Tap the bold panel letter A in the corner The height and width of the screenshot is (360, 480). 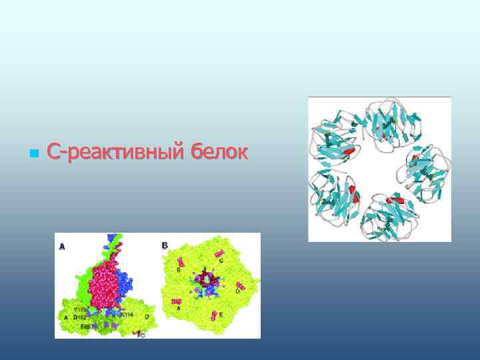click(62, 246)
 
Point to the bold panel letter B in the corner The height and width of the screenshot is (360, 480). click(165, 245)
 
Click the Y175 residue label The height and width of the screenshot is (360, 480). click(81, 310)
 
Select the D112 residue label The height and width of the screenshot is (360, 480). click(81, 317)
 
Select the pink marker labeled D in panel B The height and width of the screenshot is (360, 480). click(240, 286)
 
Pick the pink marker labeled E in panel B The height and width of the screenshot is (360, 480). click(214, 315)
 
